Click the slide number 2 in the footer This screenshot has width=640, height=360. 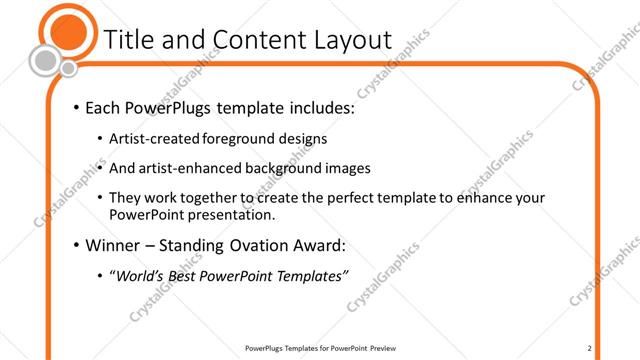point(590,348)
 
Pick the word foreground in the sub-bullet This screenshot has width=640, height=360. point(242,138)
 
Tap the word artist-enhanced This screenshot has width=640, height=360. point(196,168)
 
